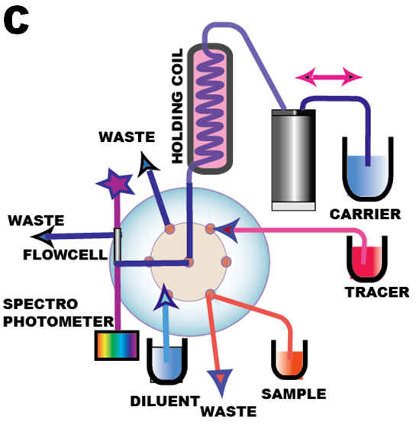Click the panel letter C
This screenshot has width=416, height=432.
tap(16, 21)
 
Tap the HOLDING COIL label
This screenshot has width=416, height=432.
tap(177, 106)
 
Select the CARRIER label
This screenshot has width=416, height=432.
tap(365, 214)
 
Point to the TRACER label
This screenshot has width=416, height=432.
tap(377, 292)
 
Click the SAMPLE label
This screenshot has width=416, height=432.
tap(294, 394)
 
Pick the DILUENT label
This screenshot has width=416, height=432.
tap(165, 401)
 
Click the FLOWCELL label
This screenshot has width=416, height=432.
tap(65, 255)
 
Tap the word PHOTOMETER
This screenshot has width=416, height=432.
tap(59, 321)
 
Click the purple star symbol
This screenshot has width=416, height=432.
tap(116, 183)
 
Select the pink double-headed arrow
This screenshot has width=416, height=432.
tap(328, 77)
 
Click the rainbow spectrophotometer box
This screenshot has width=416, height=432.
tap(117, 345)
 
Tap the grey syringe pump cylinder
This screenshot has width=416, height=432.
tap(293, 160)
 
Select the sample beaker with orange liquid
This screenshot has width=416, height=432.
tap(289, 360)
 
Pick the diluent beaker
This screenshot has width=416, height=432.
tap(167, 362)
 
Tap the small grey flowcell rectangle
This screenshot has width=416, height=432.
tap(118, 245)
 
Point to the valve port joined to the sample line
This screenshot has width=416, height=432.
tap(210, 294)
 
